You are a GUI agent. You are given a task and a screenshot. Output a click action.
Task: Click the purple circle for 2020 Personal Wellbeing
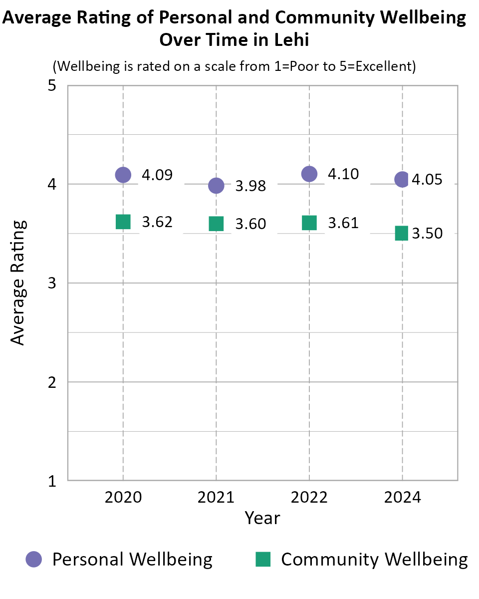pyautogui.click(x=123, y=175)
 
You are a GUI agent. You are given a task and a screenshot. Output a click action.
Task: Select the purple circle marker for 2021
pyautogui.click(x=216, y=185)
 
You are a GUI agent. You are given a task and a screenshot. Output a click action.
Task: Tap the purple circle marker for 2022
pyautogui.click(x=309, y=174)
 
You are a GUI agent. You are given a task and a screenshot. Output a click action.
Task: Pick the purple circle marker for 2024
pyautogui.click(x=402, y=179)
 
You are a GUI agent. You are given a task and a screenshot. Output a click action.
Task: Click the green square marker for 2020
pyautogui.click(x=123, y=221)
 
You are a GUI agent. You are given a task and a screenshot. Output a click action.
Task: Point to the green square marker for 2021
pyautogui.click(x=216, y=224)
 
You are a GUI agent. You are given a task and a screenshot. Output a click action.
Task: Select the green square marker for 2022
pyautogui.click(x=309, y=223)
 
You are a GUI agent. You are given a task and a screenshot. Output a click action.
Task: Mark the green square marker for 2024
pyautogui.click(x=402, y=233)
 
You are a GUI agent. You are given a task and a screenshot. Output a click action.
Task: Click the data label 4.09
pyautogui.click(x=157, y=175)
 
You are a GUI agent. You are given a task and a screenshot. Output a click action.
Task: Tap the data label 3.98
pyautogui.click(x=250, y=186)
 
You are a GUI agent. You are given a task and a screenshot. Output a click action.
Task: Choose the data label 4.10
pyautogui.click(x=343, y=174)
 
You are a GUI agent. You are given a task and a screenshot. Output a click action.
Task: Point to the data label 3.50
pyautogui.click(x=427, y=234)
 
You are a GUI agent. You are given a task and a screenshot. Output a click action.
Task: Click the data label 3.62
pyautogui.click(x=157, y=222)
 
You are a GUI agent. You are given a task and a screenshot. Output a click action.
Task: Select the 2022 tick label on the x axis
pyautogui.click(x=309, y=498)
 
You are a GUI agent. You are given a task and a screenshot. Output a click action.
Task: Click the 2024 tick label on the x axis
pyautogui.click(x=402, y=498)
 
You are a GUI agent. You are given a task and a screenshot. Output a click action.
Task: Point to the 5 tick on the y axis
pyautogui.click(x=51, y=86)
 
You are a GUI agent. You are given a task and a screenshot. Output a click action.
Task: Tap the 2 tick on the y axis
pyautogui.click(x=51, y=382)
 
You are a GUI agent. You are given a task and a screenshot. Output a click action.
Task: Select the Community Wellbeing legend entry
pyautogui.click(x=362, y=559)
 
